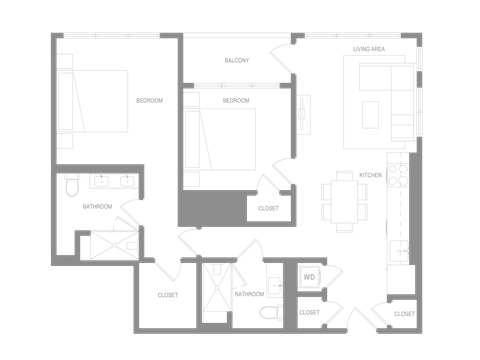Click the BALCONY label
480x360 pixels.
[x=236, y=61]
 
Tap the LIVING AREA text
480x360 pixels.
[x=370, y=48]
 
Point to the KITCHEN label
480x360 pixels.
[x=371, y=175]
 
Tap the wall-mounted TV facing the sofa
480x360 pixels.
[x=302, y=112]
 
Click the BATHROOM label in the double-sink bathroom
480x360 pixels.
[x=97, y=207]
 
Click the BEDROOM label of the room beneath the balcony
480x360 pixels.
[x=236, y=101]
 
